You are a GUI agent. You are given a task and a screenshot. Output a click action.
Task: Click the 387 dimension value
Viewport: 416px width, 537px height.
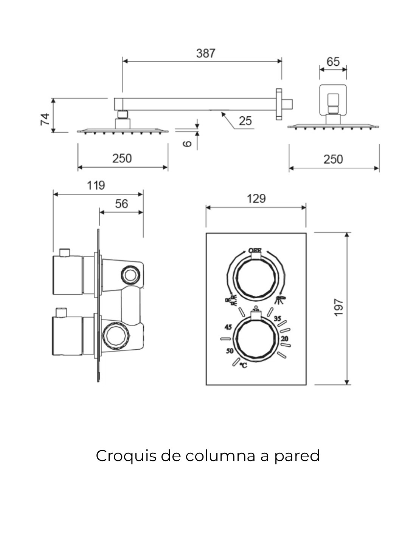coord(206,54)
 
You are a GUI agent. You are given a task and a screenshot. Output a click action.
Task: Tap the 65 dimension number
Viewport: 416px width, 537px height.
coord(333,62)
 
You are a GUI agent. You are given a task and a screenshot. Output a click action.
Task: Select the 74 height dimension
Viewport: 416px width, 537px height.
coord(45,119)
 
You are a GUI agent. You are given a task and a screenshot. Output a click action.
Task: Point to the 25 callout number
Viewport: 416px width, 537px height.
coord(245,121)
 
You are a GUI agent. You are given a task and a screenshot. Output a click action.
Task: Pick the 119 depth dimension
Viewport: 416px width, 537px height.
coord(96,185)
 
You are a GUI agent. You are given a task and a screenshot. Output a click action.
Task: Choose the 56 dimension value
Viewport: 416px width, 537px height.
coord(121,204)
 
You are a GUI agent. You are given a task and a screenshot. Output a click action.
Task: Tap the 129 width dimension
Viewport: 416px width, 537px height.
coord(256,199)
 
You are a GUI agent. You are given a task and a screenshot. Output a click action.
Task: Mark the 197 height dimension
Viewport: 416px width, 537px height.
coord(338,307)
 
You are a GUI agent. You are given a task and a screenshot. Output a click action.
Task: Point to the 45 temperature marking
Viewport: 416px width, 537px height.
coord(228,327)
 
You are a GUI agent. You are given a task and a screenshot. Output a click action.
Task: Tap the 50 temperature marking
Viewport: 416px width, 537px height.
coord(230,351)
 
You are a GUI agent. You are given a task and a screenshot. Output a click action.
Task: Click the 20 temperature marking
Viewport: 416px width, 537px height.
coord(285,339)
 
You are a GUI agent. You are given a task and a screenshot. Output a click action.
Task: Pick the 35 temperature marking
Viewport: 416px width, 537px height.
coord(278,319)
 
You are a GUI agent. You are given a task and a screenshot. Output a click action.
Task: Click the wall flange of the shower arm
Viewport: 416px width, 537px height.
coord(279,104)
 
